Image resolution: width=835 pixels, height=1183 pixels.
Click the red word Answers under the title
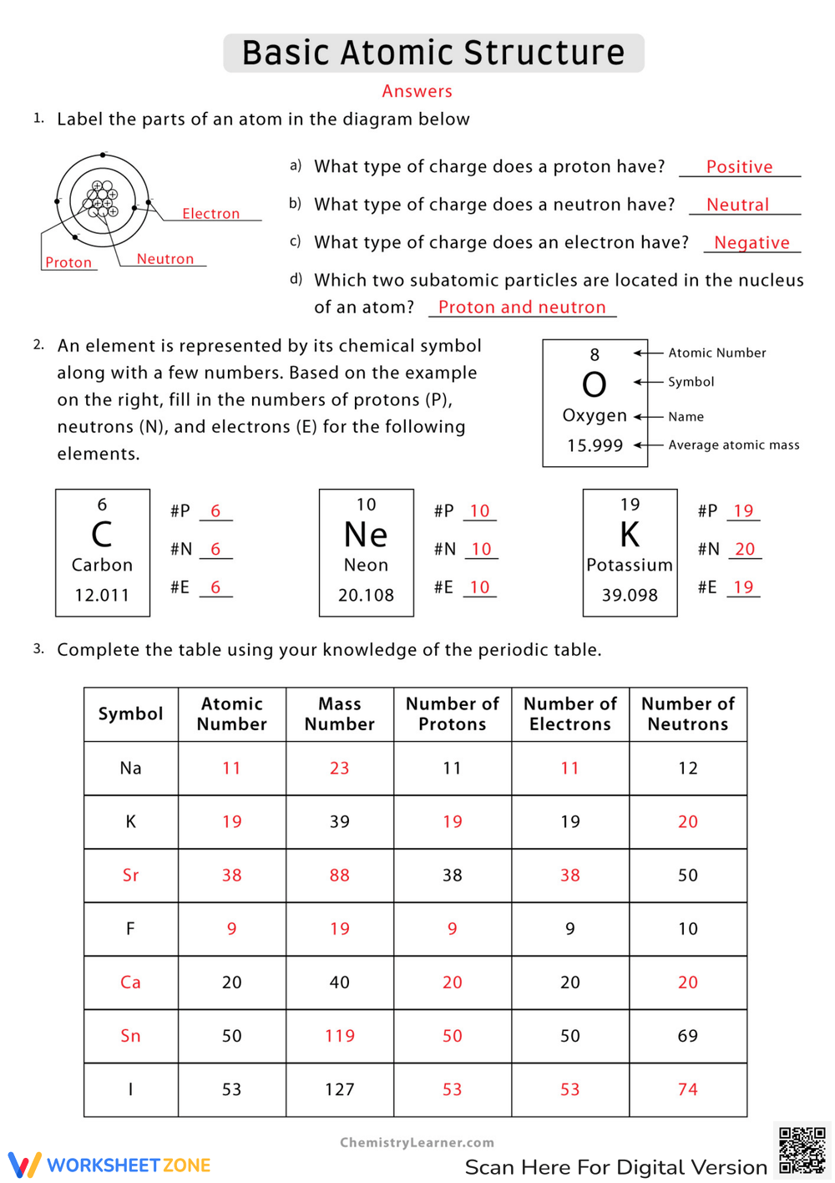pyautogui.click(x=417, y=91)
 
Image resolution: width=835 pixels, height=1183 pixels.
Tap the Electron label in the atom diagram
pyautogui.click(x=210, y=214)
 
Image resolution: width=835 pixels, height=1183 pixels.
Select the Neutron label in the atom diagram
pyautogui.click(x=164, y=259)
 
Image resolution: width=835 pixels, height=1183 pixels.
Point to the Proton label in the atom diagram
pyautogui.click(x=68, y=262)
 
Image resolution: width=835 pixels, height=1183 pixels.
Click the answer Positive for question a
pyautogui.click(x=739, y=167)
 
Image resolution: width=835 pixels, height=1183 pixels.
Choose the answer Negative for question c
pyautogui.click(x=751, y=242)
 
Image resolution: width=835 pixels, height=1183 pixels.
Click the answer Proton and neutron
pyautogui.click(x=522, y=307)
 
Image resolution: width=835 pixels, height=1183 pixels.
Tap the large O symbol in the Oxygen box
pyautogui.click(x=594, y=385)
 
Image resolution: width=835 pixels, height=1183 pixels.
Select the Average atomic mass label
pyautogui.click(x=733, y=445)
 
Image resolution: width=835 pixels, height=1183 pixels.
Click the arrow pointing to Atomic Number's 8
pyautogui.click(x=641, y=353)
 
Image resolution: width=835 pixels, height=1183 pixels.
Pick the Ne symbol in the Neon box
pyautogui.click(x=366, y=535)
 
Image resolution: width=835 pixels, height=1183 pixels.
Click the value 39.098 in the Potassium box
pyautogui.click(x=630, y=595)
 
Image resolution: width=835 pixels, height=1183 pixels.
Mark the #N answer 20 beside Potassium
pyautogui.click(x=744, y=549)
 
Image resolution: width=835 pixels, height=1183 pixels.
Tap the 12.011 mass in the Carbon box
pyautogui.click(x=102, y=595)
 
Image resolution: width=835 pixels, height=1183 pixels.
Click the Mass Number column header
pyautogui.click(x=339, y=714)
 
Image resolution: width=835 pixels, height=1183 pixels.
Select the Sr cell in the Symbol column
pyautogui.click(x=130, y=876)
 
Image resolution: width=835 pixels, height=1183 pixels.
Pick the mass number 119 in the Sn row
pyautogui.click(x=339, y=1036)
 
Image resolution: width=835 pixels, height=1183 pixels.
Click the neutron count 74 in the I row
pyautogui.click(x=687, y=1089)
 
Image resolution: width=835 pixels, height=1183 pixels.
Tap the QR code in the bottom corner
pyautogui.click(x=802, y=1150)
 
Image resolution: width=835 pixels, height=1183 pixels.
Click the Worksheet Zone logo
pyautogui.click(x=109, y=1165)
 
